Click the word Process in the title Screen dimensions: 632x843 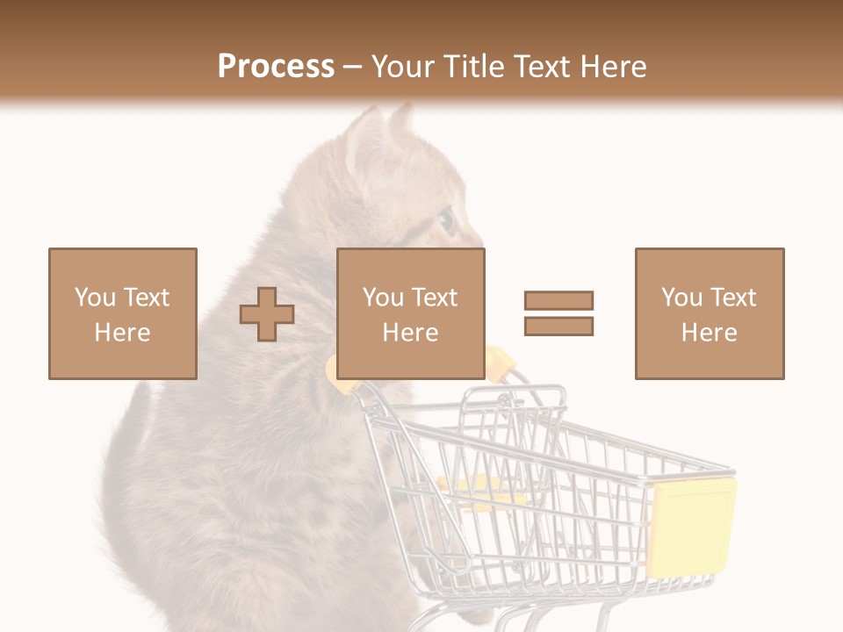point(276,67)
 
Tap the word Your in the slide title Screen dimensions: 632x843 point(403,67)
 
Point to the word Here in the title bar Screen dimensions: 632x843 point(612,67)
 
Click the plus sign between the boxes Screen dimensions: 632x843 point(267,314)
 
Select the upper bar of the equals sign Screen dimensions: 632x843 point(558,300)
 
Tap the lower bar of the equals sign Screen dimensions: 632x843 point(558,327)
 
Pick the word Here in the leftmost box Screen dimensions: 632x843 point(123,333)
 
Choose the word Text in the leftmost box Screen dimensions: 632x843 point(145,298)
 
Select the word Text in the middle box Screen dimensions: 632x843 point(433,298)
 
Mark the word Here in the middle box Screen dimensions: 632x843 point(411,333)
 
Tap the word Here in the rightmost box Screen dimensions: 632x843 point(710,333)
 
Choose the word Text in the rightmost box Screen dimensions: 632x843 point(731,298)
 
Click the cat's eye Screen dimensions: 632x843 point(446,220)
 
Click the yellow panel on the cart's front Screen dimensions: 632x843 point(692,527)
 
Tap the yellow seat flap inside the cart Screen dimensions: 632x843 point(479,492)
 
